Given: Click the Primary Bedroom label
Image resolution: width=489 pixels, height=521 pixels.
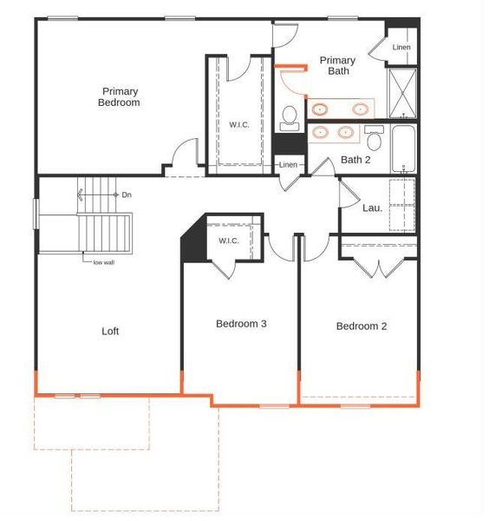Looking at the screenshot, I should (x=120, y=96).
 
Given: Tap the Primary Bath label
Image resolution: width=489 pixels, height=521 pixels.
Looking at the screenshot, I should (x=337, y=66).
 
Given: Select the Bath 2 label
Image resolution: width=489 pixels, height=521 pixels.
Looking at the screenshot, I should (x=355, y=160).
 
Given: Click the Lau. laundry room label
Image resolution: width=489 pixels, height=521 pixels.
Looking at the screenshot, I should (x=373, y=208).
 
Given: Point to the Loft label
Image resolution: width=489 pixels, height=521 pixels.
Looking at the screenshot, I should (x=110, y=331).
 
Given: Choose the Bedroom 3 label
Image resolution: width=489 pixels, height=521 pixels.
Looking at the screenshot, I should (x=241, y=324).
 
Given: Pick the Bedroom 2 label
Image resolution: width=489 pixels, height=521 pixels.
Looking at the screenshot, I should (x=362, y=326).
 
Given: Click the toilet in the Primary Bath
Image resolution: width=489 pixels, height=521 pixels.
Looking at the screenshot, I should (x=290, y=117).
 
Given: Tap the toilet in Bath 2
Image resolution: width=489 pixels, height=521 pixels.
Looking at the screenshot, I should (x=375, y=137).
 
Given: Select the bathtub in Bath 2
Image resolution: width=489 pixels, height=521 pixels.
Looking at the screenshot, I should (x=403, y=148).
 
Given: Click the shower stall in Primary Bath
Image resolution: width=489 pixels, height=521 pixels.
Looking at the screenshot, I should (x=402, y=92).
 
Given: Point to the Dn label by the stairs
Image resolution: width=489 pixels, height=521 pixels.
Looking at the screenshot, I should (x=127, y=195).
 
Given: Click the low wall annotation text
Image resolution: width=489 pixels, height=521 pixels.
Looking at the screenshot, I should (x=103, y=262).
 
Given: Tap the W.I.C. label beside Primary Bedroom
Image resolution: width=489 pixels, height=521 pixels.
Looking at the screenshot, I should (x=239, y=125).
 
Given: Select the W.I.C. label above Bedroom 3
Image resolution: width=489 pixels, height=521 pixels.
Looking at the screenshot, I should (x=229, y=241).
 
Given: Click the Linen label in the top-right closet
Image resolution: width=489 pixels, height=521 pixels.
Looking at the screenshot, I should (x=401, y=47).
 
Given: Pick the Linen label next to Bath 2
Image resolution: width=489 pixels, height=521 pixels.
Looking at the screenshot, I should (x=288, y=165).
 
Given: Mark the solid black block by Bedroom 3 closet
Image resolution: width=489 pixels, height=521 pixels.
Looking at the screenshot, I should (x=192, y=243).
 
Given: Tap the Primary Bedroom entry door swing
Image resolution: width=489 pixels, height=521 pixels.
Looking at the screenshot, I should (x=183, y=156).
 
